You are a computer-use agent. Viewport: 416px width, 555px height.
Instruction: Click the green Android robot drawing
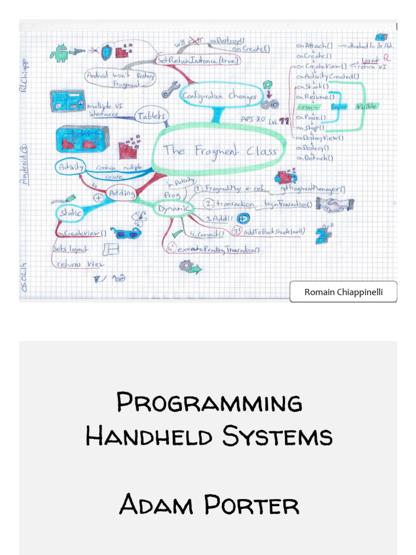[x=59, y=53]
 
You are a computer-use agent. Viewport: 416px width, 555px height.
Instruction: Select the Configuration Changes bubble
[x=219, y=96]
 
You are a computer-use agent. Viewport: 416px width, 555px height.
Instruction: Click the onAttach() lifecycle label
[x=314, y=46]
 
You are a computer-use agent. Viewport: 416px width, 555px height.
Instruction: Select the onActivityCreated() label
[x=328, y=76]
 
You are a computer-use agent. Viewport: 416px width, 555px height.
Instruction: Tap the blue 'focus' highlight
[x=339, y=107]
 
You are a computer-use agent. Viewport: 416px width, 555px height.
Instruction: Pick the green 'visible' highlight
[x=366, y=107]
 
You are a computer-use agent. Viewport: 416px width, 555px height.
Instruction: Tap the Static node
[x=70, y=214]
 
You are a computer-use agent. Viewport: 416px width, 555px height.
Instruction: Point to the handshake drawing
[x=334, y=205]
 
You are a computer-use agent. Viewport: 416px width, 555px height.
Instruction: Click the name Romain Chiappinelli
[x=343, y=292]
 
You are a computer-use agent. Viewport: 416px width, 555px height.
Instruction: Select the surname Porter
[x=251, y=506]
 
